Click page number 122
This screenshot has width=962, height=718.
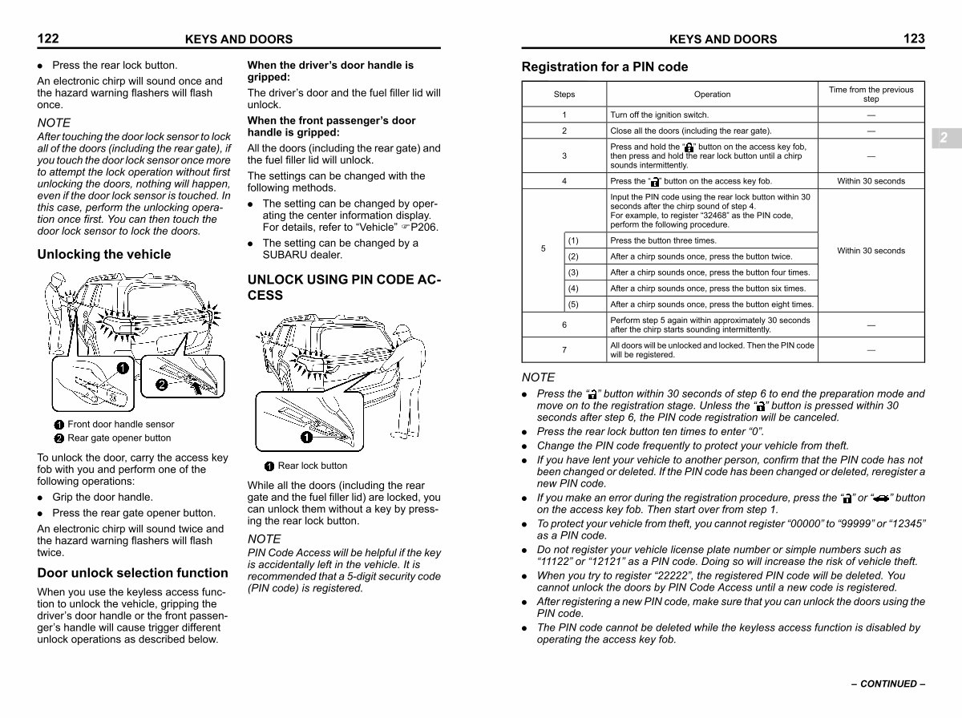(48, 38)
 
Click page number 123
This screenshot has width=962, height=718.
(914, 38)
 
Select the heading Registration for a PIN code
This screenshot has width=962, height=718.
(604, 67)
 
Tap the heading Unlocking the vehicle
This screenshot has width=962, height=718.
(104, 254)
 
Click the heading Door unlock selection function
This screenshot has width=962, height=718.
(132, 573)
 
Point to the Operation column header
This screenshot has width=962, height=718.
(712, 95)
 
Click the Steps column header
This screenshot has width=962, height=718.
(564, 95)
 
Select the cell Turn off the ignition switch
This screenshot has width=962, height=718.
(659, 115)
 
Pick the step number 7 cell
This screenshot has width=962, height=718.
(564, 349)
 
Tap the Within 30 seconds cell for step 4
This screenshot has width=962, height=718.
(871, 181)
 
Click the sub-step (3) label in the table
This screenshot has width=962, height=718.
(573, 272)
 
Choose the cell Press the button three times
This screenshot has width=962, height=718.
(663, 240)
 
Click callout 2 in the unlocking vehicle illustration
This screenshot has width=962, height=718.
(162, 385)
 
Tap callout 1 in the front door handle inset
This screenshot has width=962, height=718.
(123, 368)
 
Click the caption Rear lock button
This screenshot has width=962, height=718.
(312, 466)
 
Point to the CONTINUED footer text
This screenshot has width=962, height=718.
(888, 684)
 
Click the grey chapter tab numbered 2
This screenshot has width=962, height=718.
(946, 138)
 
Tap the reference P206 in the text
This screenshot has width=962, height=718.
(424, 227)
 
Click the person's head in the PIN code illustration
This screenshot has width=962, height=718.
(402, 331)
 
